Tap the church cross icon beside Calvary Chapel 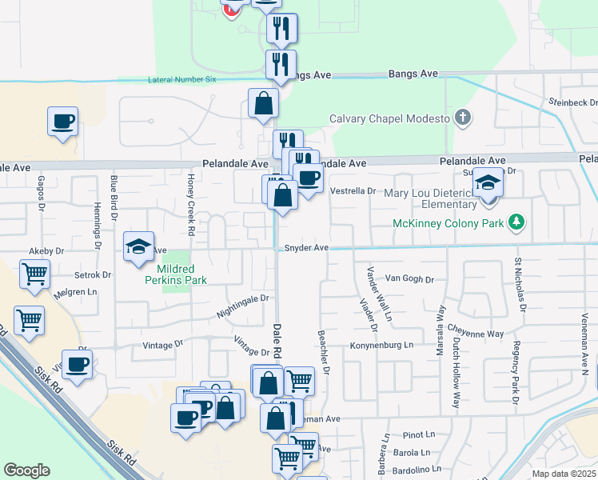tap(462, 118)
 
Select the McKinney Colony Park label tap(448, 223)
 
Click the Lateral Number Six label tap(182, 79)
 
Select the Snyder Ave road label tap(306, 248)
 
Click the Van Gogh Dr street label tap(409, 279)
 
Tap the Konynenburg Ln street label tap(381, 346)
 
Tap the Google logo tap(26, 470)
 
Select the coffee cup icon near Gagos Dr tap(62, 122)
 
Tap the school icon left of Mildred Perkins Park tap(138, 247)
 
